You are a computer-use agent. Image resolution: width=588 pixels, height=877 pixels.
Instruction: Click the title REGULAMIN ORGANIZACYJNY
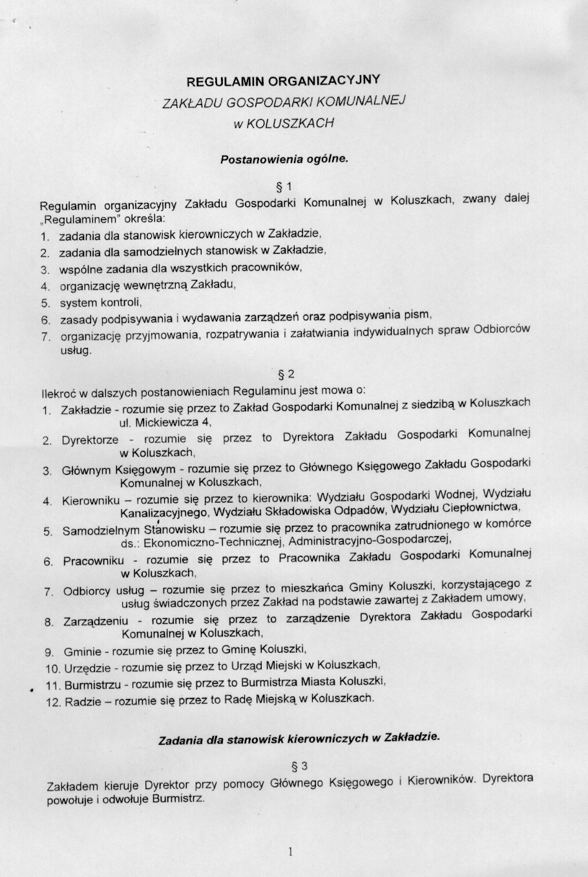[283, 81]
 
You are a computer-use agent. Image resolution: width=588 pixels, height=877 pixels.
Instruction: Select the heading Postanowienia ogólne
[284, 158]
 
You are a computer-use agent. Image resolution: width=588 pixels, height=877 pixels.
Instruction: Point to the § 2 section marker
[286, 374]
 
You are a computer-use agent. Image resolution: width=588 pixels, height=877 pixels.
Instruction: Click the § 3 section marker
[299, 767]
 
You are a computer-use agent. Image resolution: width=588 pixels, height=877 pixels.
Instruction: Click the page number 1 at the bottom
[291, 851]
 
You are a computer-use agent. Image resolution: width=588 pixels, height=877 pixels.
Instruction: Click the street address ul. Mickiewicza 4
[165, 423]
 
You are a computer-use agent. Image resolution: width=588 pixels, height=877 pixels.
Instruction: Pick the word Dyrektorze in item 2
[90, 440]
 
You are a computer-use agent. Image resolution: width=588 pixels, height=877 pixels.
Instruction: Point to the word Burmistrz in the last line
[178, 798]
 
